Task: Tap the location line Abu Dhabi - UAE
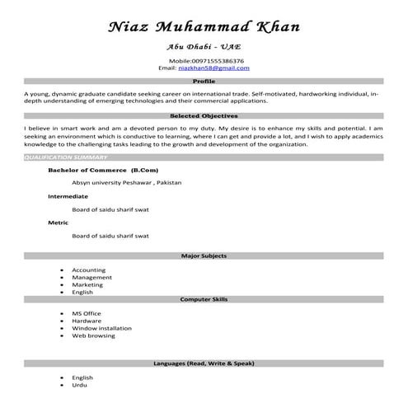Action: (204, 48)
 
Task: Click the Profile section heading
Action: (204, 82)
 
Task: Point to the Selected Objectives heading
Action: (204, 116)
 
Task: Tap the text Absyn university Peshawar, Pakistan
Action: (126, 182)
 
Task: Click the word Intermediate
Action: (68, 196)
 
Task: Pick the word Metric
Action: (58, 223)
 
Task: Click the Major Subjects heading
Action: (204, 256)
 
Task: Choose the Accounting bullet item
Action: (88, 270)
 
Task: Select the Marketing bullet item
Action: (87, 284)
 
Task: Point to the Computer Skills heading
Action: (204, 299)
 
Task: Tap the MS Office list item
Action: (87, 314)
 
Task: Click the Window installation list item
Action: (101, 328)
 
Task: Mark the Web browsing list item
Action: (93, 335)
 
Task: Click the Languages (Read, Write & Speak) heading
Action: (204, 363)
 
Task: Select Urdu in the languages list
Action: (79, 385)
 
